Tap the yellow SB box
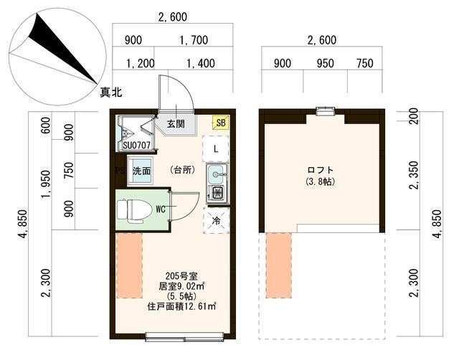tap(221, 123)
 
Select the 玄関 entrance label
tap(176, 123)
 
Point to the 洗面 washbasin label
tap(141, 171)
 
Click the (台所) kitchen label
tap(182, 171)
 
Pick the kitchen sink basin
tap(216, 174)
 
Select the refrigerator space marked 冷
tap(216, 222)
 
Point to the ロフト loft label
tap(319, 170)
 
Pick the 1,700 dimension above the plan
tap(194, 40)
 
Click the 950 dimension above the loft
tap(326, 63)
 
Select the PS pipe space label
tap(120, 171)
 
